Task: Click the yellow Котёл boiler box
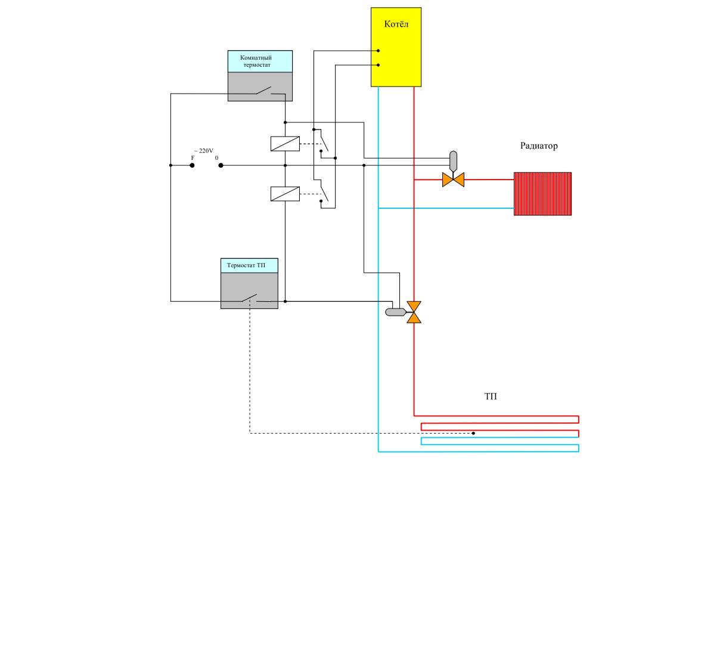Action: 396,47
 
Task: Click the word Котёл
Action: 396,24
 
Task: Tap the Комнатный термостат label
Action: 256,61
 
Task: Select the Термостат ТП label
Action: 246,265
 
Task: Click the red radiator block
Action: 542,194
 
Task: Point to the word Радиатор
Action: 539,146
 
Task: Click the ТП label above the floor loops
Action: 491,396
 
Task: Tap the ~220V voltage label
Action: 204,151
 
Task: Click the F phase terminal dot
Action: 192,165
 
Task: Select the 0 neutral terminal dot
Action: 221,165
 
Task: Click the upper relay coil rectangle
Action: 285,144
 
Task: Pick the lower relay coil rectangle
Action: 285,194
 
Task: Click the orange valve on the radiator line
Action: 453,180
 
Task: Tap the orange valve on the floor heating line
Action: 414,312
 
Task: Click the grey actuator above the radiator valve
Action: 453,161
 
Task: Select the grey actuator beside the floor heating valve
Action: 396,312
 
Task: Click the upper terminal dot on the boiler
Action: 378,51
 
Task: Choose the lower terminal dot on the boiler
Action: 378,65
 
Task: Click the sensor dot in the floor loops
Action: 473,433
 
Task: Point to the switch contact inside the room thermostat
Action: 263,90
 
